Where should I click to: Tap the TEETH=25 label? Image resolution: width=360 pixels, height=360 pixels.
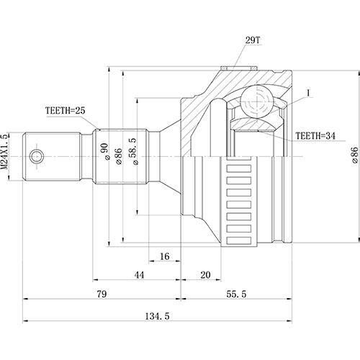click(x=66, y=110)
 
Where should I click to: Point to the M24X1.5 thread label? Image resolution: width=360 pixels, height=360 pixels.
click(x=6, y=155)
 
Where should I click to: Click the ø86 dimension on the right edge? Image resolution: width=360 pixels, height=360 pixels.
click(x=354, y=156)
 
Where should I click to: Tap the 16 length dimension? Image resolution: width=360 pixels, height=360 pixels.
click(x=164, y=256)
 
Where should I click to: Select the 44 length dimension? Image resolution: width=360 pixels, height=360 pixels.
click(x=138, y=275)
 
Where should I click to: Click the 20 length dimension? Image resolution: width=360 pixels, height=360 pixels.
click(x=205, y=275)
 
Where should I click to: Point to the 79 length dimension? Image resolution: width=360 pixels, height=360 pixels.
click(x=102, y=294)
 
